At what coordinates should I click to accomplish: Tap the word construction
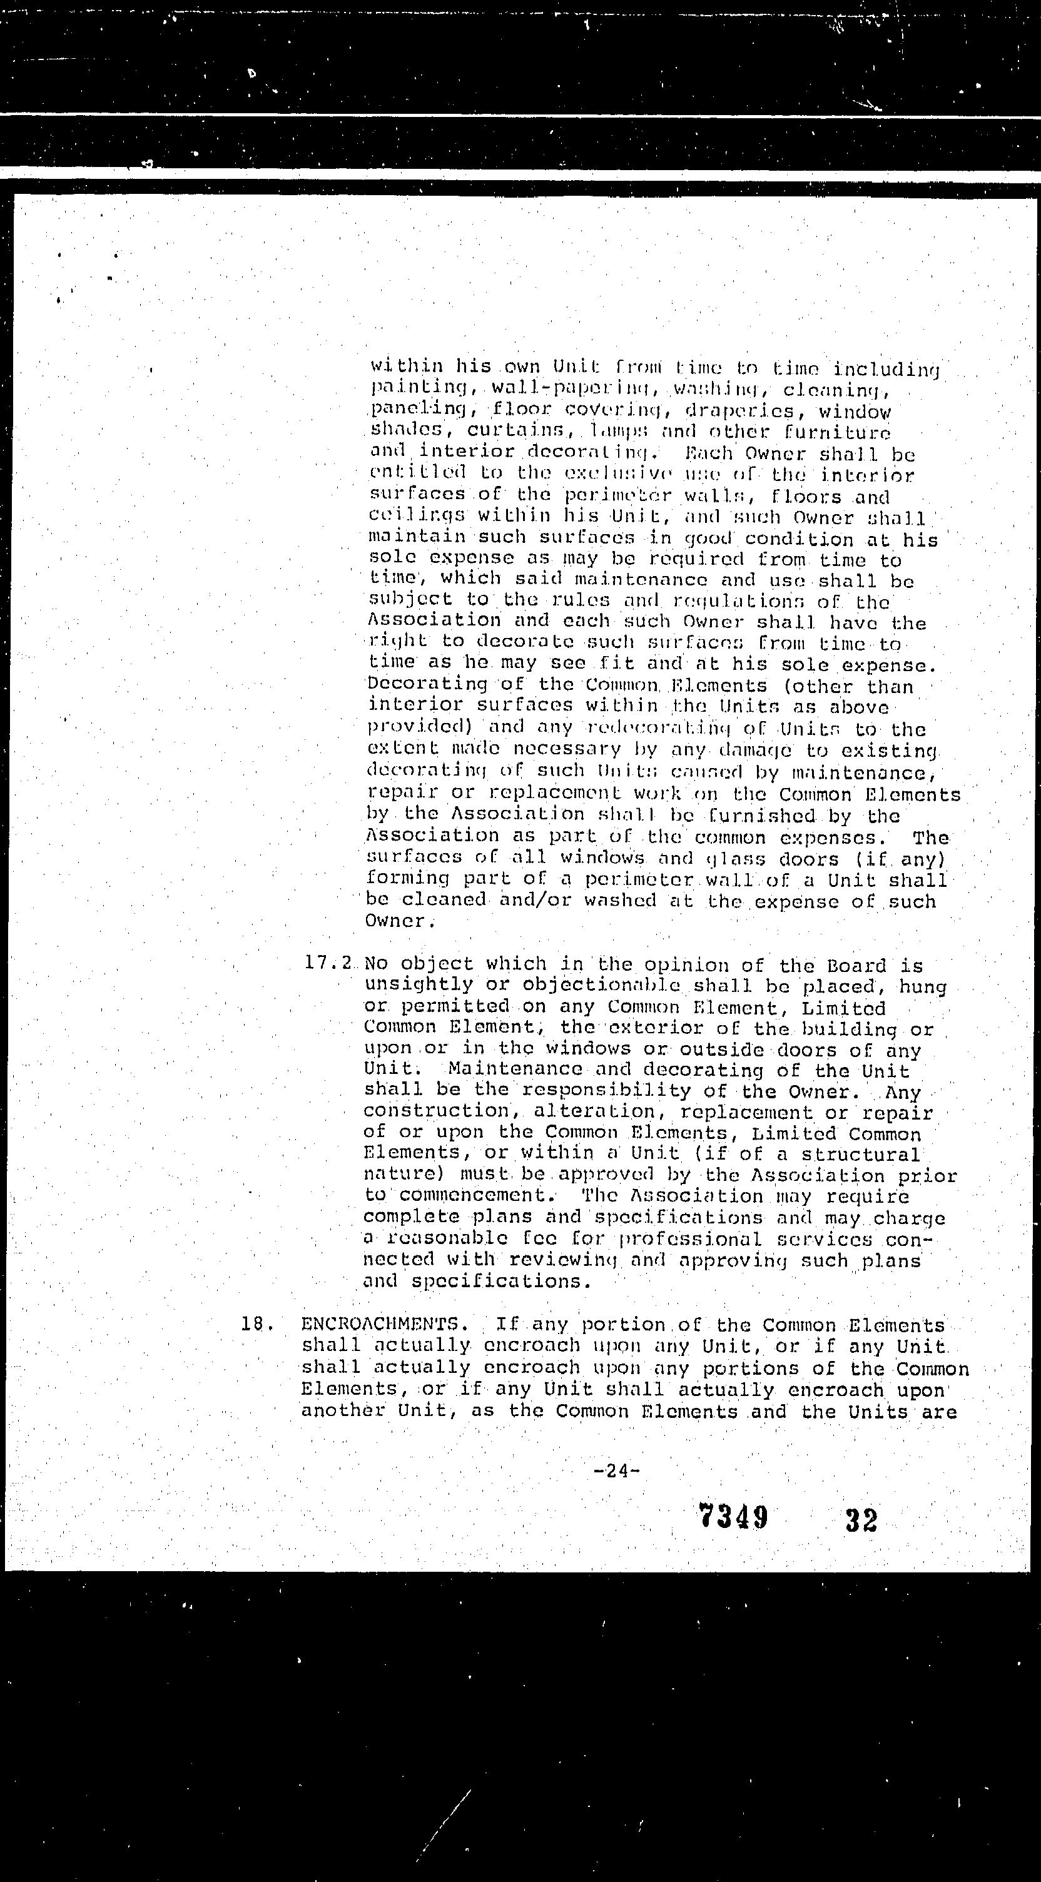click(436, 1112)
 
